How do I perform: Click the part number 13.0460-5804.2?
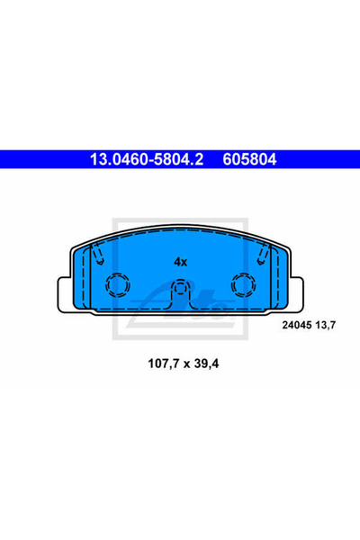(147, 159)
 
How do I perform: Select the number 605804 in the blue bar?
(249, 159)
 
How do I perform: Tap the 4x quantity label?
(180, 262)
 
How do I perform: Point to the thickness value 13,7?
(325, 325)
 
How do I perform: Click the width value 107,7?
(164, 364)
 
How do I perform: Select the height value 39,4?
(206, 364)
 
